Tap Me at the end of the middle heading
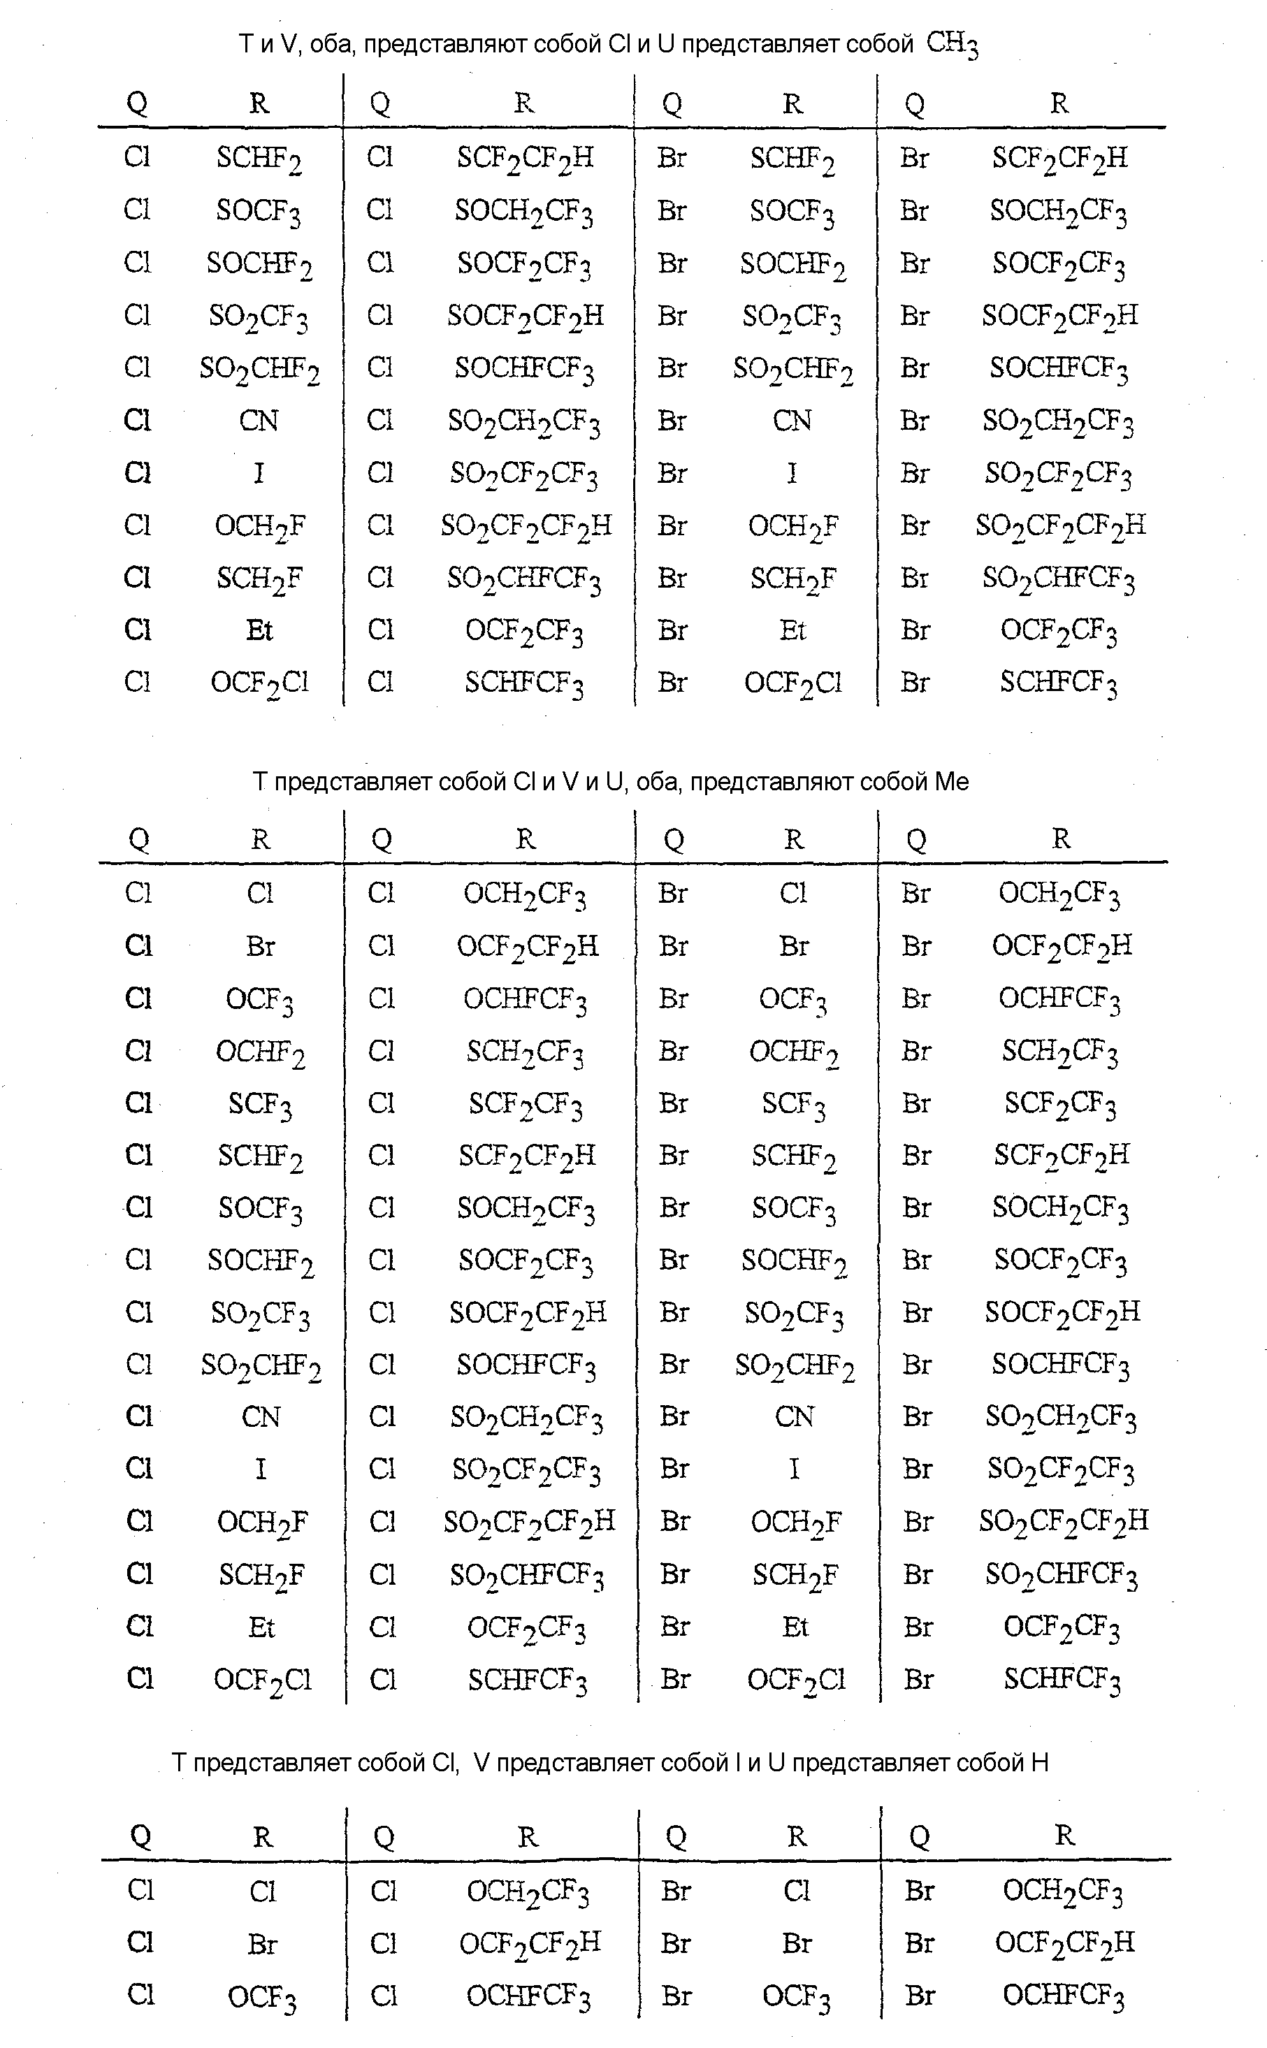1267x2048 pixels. point(951,781)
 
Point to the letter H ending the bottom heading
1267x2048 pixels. point(1040,1763)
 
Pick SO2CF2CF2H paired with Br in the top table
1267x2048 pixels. point(1060,526)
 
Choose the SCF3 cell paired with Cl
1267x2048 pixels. point(260,1105)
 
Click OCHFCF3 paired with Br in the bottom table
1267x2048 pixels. point(1064,1997)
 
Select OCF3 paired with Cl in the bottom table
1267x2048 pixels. point(261,1998)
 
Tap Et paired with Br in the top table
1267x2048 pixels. point(792,630)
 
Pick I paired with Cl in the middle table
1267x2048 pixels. point(261,1468)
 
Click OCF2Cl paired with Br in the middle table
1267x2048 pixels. point(795,1680)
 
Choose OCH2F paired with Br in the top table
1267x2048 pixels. point(792,526)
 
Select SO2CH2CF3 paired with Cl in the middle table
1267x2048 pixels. point(526,1417)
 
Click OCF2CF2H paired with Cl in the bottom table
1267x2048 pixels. point(530,1944)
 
